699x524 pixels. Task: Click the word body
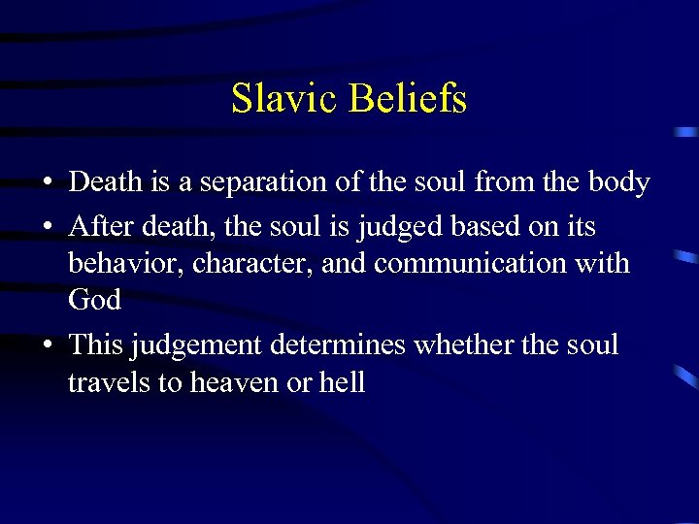(x=617, y=182)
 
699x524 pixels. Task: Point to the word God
(x=94, y=301)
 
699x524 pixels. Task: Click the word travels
(x=109, y=382)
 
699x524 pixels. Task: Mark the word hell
(x=340, y=382)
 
